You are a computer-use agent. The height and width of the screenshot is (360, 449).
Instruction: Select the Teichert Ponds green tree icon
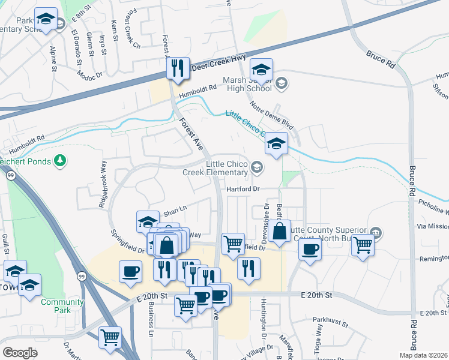coord(59,160)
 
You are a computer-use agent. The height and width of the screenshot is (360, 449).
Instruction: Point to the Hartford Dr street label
coord(243,188)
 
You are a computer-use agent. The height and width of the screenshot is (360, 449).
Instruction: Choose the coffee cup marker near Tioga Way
coord(310,249)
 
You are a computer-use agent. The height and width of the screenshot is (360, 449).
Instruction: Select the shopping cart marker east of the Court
coord(363,244)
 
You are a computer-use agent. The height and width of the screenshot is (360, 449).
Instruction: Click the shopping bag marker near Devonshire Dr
coord(280,230)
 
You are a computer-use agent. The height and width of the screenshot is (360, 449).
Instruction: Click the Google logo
coord(20,353)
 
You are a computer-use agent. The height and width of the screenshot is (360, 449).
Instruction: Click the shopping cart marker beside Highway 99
coord(110,338)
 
